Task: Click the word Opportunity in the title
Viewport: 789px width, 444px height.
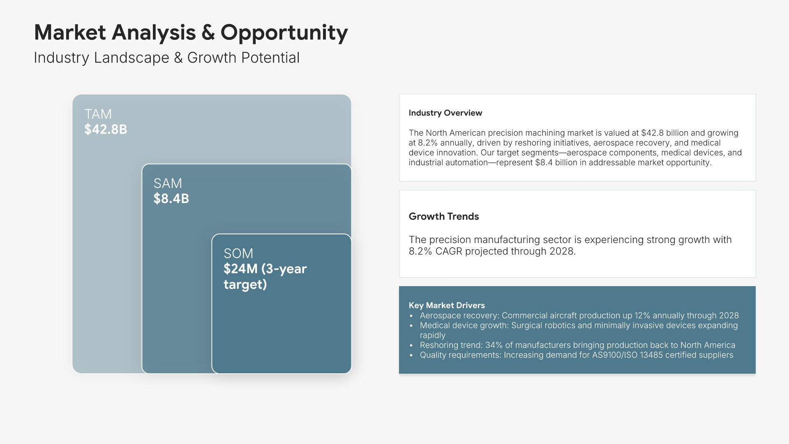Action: pyautogui.click(x=284, y=33)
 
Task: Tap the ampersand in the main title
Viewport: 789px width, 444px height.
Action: pyautogui.click(x=208, y=32)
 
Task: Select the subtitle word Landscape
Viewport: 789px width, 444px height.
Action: pyautogui.click(x=131, y=58)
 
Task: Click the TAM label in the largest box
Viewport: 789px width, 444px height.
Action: pyautogui.click(x=98, y=114)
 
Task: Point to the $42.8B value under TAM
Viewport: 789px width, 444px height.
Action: pyautogui.click(x=106, y=129)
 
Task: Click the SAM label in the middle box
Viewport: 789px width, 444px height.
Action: pyautogui.click(x=168, y=183)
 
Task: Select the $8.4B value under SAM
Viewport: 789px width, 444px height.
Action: pyautogui.click(x=171, y=199)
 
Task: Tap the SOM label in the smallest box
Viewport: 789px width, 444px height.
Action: pyautogui.click(x=238, y=253)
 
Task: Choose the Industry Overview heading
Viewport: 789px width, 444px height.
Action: pyautogui.click(x=445, y=113)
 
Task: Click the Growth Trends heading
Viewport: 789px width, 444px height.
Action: pyautogui.click(x=444, y=217)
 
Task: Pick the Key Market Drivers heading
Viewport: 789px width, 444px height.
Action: pyautogui.click(x=447, y=305)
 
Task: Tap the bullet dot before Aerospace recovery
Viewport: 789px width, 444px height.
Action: pyautogui.click(x=411, y=316)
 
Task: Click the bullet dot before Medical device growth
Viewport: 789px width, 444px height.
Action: pyautogui.click(x=411, y=326)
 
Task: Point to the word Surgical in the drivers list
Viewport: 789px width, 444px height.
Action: pyautogui.click(x=527, y=326)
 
